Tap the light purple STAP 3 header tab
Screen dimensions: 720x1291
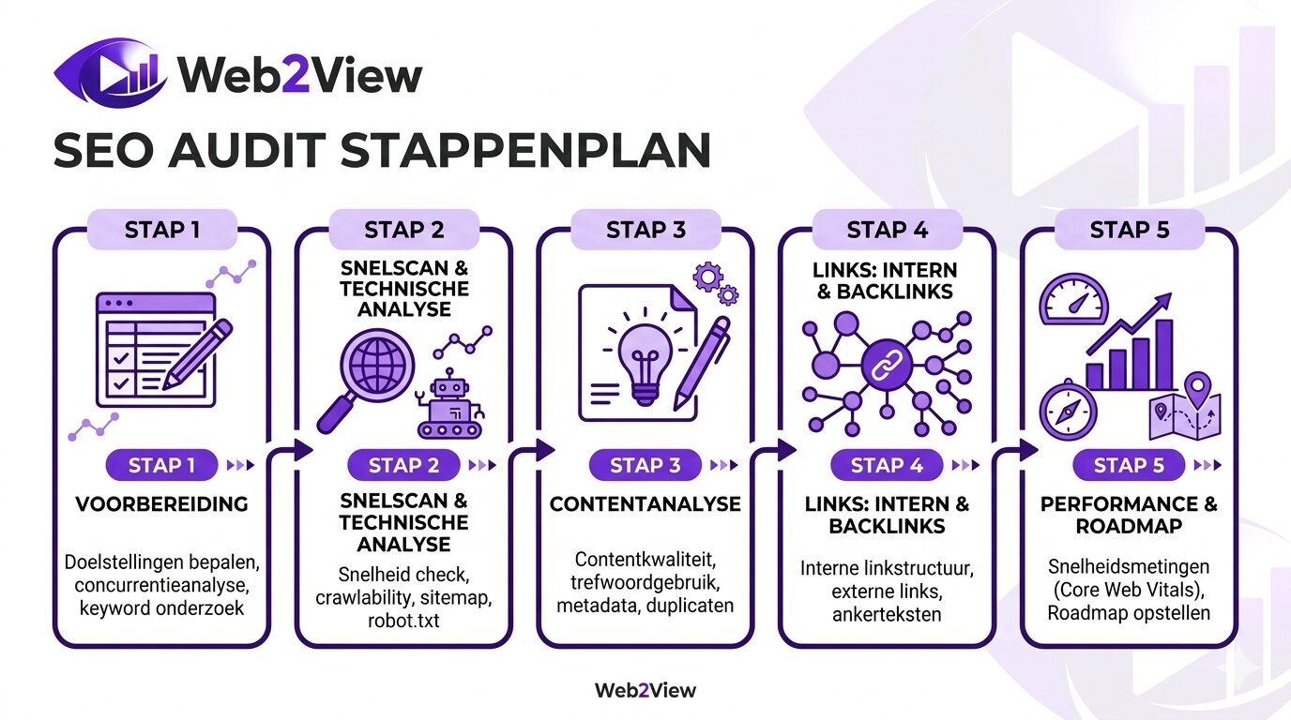645,230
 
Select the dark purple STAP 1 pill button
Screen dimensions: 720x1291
161,465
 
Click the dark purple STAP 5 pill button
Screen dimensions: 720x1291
1129,465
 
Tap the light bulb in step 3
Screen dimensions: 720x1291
645,362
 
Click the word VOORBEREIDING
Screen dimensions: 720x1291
161,504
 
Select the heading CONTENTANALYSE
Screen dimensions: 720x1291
645,504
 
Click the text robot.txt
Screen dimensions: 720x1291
402,620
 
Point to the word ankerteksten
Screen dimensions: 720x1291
886,615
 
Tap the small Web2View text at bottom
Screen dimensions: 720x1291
645,691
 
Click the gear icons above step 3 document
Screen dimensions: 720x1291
715,282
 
